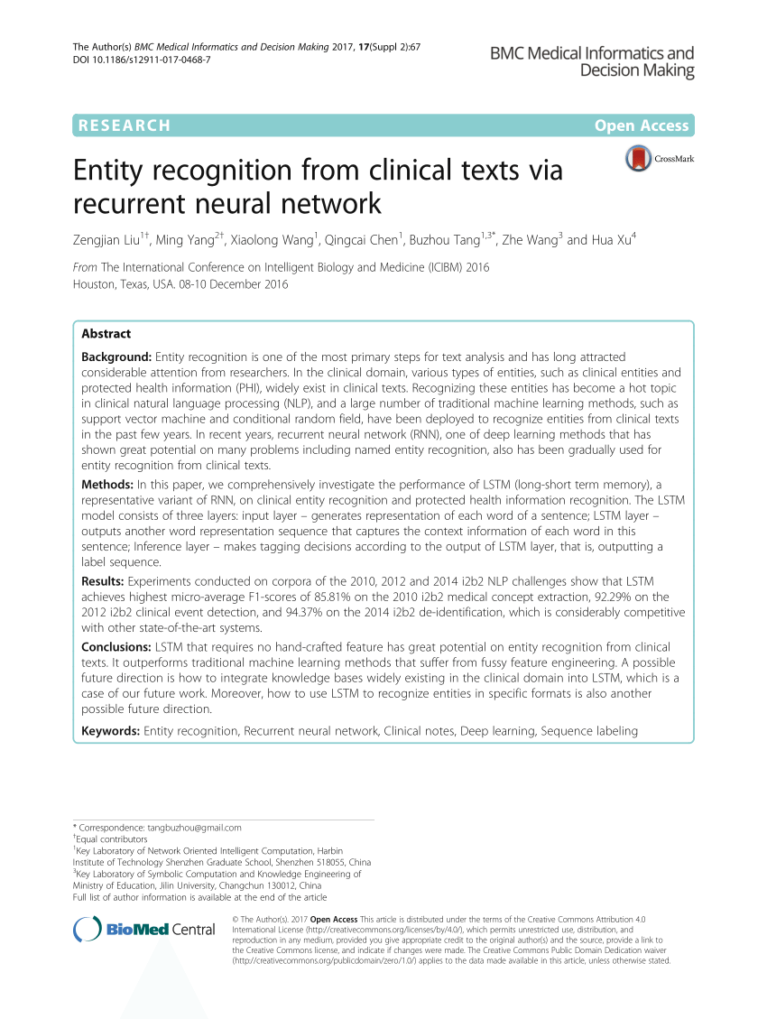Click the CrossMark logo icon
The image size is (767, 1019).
[638, 160]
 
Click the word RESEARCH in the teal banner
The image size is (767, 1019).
[125, 125]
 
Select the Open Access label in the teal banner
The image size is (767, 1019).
[642, 125]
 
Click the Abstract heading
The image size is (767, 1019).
[106, 333]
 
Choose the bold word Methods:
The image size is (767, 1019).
[108, 486]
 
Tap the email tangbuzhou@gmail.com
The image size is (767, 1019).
[197, 827]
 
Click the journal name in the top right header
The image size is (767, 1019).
[592, 61]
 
